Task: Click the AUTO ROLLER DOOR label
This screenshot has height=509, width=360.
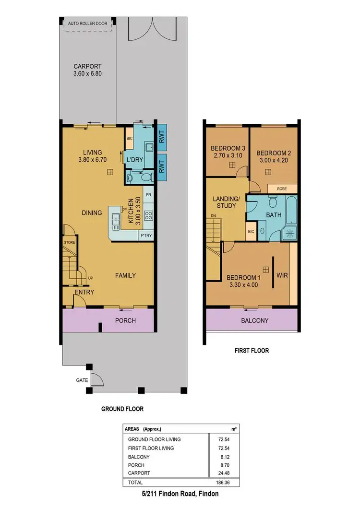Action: tap(87, 23)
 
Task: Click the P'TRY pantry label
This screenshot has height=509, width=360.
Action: tap(145, 236)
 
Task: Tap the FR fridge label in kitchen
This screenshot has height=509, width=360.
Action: tap(149, 195)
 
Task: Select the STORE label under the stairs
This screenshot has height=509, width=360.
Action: tap(70, 243)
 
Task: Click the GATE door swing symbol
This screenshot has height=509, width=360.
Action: tap(96, 379)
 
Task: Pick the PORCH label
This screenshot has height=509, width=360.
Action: tap(126, 320)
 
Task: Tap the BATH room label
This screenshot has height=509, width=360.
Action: tap(274, 215)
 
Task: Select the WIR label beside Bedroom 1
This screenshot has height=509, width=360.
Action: tap(281, 276)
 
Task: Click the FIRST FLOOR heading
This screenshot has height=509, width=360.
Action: tap(252, 351)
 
